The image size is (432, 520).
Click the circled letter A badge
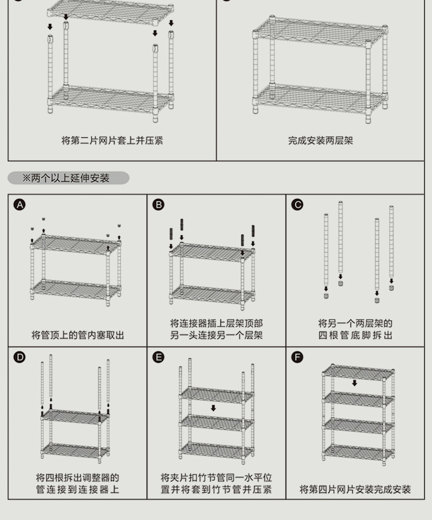(20, 205)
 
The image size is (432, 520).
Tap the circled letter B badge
(158, 205)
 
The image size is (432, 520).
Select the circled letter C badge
(297, 205)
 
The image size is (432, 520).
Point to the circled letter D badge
(20, 357)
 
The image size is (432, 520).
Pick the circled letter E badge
(158, 357)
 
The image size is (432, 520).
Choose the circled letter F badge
(297, 357)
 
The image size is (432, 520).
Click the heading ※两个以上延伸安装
(66, 179)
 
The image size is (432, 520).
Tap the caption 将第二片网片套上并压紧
(112, 141)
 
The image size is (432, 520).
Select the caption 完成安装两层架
(320, 141)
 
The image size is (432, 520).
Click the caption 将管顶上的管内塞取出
(78, 335)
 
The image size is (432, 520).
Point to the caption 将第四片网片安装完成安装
(355, 489)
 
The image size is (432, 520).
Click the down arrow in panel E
(213, 408)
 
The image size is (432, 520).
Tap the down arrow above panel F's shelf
(354, 383)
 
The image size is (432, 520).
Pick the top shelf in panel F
(358, 372)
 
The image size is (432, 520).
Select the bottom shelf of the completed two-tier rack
(320, 98)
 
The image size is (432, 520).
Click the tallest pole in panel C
(340, 237)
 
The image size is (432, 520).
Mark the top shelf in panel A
(75, 245)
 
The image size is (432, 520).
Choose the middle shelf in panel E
(217, 423)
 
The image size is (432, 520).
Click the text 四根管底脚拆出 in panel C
(355, 335)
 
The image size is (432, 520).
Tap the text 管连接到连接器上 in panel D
(78, 489)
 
